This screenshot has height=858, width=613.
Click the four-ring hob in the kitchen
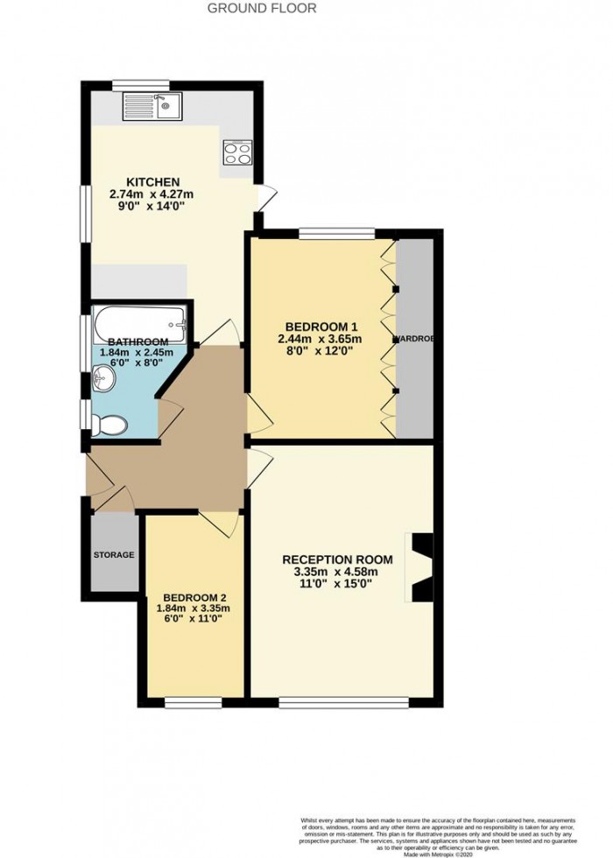click(x=237, y=153)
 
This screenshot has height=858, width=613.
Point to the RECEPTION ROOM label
click(x=337, y=560)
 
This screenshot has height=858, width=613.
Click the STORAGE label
click(x=115, y=555)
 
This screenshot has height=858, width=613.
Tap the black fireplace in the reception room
click(x=419, y=567)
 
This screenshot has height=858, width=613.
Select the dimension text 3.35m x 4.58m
click(x=337, y=573)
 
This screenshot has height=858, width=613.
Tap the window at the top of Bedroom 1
click(x=336, y=232)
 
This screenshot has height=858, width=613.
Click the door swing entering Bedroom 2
click(x=220, y=524)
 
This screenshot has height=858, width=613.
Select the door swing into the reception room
click(x=260, y=464)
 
